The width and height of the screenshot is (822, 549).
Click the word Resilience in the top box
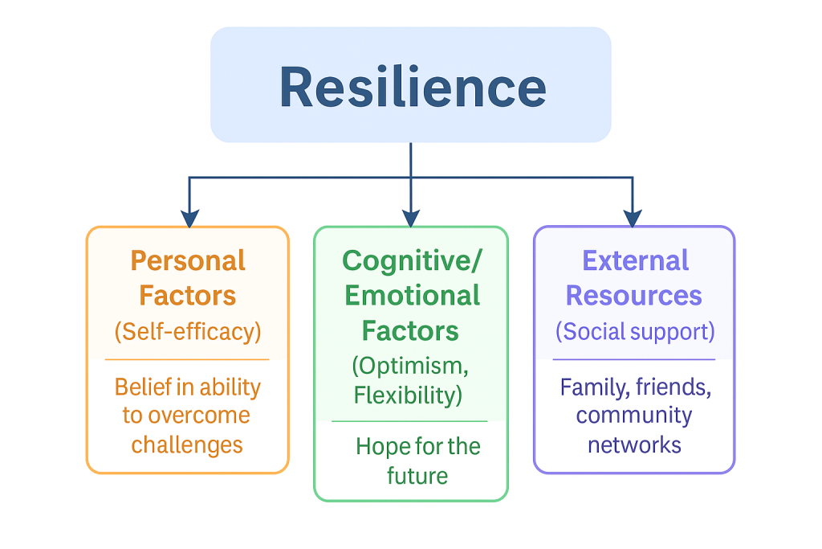point(412,88)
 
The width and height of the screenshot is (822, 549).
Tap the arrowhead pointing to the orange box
point(189,218)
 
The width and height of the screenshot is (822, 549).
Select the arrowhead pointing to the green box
point(411,218)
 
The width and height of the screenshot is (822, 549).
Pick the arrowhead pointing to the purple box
point(633,218)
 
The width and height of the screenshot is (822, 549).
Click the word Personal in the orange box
point(188,261)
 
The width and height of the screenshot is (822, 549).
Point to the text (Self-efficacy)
point(188,330)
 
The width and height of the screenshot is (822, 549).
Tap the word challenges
point(187,444)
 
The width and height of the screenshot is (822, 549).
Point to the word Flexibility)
point(410,395)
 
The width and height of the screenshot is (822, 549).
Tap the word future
point(417,475)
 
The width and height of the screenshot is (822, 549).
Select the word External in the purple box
point(635,261)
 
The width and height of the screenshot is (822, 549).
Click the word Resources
point(634,296)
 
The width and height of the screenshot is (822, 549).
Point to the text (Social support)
point(634,330)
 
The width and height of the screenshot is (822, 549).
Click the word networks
point(634,444)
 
